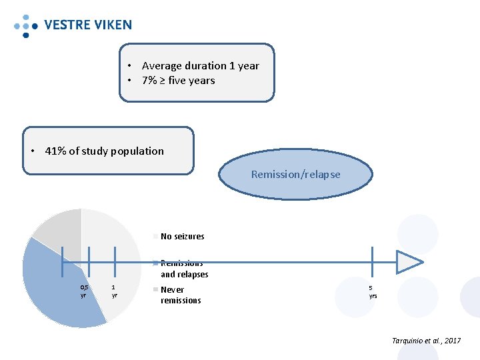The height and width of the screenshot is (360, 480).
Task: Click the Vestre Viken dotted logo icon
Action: coord(25,25)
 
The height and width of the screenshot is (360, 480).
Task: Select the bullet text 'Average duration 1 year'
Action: coord(200,65)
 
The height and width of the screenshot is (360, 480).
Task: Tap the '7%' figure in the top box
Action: coord(149,81)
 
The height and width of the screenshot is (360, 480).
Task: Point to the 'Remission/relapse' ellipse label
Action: coord(295,175)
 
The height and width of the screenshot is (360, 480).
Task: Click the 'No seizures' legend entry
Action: coord(182,236)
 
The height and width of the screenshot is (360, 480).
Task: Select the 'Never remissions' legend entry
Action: coord(181,295)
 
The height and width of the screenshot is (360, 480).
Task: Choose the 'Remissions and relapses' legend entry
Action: coord(184,269)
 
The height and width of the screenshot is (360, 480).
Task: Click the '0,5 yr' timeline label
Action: coord(83,291)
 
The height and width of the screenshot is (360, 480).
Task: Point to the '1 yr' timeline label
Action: coord(115,291)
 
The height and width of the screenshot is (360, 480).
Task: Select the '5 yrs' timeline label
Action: coord(373,291)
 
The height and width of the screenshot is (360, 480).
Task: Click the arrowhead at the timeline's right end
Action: coord(408,262)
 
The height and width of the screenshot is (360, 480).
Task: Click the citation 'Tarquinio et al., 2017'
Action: coord(426,341)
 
